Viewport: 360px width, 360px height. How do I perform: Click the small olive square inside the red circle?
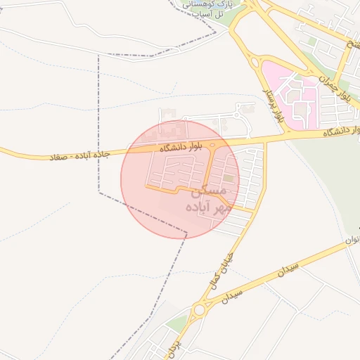(227, 178)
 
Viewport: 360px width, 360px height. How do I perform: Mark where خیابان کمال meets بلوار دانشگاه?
(265, 143)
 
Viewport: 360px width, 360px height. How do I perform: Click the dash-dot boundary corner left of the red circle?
(98, 191)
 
